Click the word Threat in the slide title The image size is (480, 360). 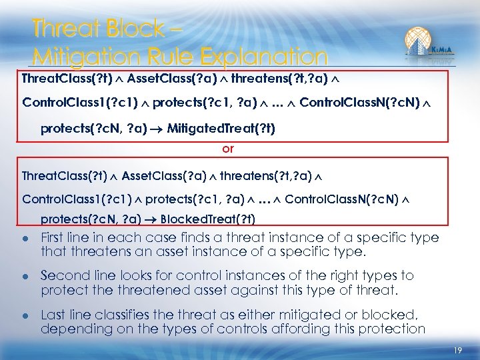[62, 29]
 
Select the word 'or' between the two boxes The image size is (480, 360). [228, 149]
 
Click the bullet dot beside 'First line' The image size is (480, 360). [25, 238]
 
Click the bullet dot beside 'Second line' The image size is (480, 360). [25, 276]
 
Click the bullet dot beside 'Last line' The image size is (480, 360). [25, 315]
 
